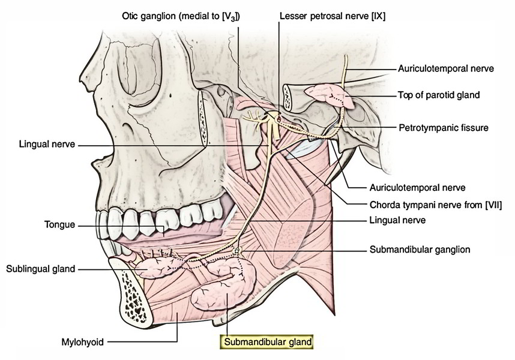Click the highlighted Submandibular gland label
pos(268,343)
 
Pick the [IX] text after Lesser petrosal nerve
pos(376,17)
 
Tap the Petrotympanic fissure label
pos(445,128)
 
